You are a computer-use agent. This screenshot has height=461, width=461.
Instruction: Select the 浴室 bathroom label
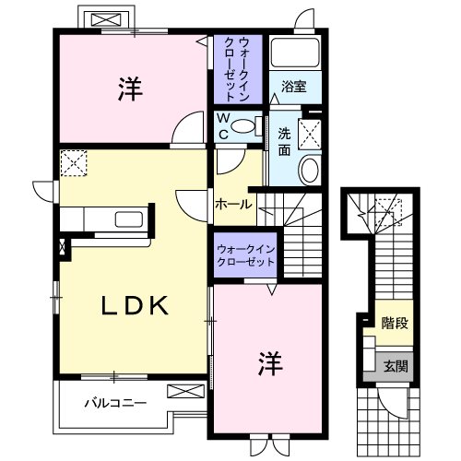point(295,87)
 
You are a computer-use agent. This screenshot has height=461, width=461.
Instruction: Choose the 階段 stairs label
point(396,323)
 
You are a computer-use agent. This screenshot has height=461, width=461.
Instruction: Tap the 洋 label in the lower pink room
point(268,361)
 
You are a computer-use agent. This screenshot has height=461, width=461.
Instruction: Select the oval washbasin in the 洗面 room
point(309,170)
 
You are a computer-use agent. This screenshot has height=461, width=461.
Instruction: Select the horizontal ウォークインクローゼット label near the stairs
point(246,255)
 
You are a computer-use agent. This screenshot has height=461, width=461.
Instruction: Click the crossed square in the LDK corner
point(72,162)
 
